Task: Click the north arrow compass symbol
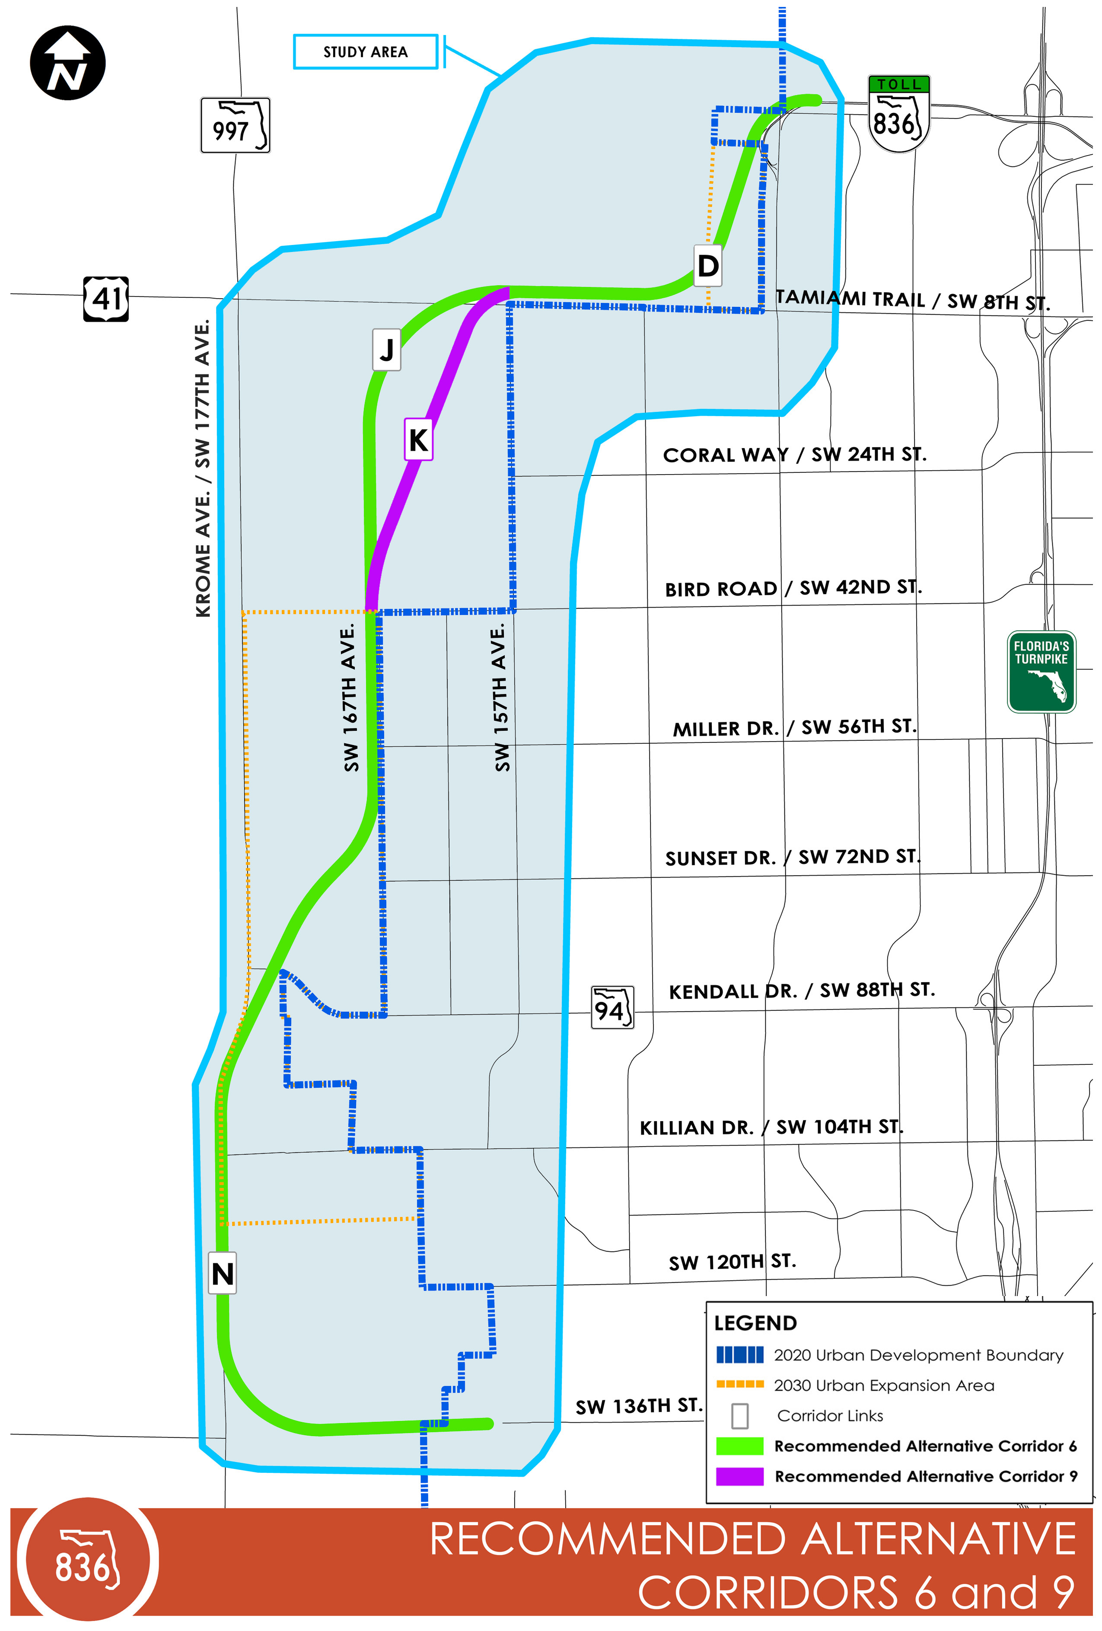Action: tap(67, 63)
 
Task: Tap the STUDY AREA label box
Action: tap(365, 52)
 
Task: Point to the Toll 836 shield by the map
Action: tap(898, 115)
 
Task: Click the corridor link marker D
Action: tap(707, 265)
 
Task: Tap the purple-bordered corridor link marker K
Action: tap(418, 440)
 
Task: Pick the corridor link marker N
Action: tap(223, 1272)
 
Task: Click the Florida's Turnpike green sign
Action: tap(1041, 672)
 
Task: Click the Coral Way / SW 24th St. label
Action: tap(794, 455)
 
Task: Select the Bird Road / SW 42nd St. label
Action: tap(793, 588)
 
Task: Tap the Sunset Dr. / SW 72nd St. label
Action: tap(792, 857)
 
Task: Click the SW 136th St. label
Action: tap(638, 1406)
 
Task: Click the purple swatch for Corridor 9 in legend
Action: tap(739, 1476)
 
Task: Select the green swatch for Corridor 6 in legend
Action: tap(739, 1446)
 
